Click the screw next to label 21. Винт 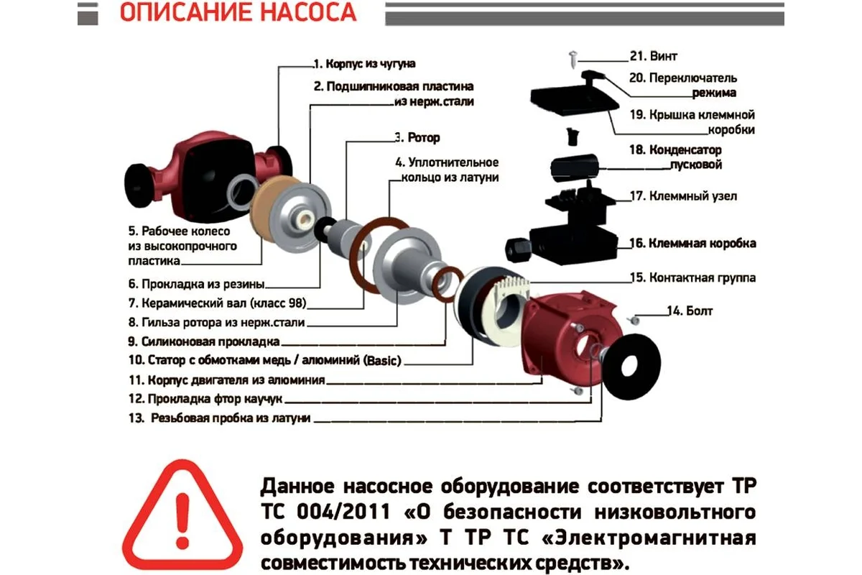pyautogui.click(x=573, y=59)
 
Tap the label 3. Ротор pyautogui.click(x=417, y=137)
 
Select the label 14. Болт pyautogui.click(x=690, y=310)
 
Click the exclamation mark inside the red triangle pyautogui.click(x=182, y=520)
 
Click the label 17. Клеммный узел pyautogui.click(x=683, y=196)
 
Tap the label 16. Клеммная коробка pyautogui.click(x=692, y=244)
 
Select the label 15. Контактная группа pyautogui.click(x=692, y=277)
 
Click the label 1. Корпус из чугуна pyautogui.click(x=365, y=64)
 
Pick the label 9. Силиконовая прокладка pyautogui.click(x=204, y=341)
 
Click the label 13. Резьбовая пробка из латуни pyautogui.click(x=219, y=418)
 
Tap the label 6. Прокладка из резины pyautogui.click(x=196, y=284)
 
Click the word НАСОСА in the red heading pyautogui.click(x=309, y=12)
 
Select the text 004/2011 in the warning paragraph pyautogui.click(x=343, y=512)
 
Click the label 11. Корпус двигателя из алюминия pyautogui.click(x=227, y=380)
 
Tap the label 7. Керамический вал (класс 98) pyautogui.click(x=218, y=303)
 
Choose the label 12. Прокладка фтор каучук pyautogui.click(x=205, y=399)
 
